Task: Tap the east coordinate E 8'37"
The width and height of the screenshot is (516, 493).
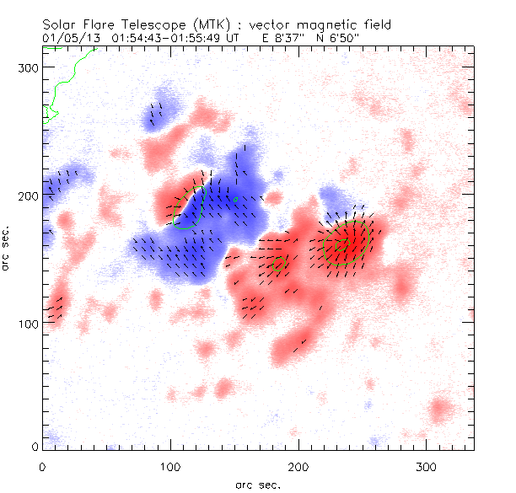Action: [x=283, y=37]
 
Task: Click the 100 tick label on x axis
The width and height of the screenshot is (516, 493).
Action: [x=171, y=466]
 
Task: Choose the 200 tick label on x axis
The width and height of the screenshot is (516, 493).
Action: [x=299, y=466]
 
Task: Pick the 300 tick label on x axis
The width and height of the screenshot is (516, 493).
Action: [x=427, y=466]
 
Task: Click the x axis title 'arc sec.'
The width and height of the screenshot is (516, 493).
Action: [x=257, y=484]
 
